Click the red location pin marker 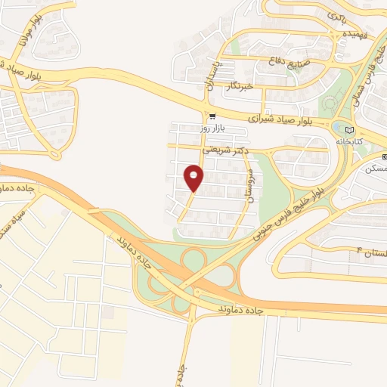193,178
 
